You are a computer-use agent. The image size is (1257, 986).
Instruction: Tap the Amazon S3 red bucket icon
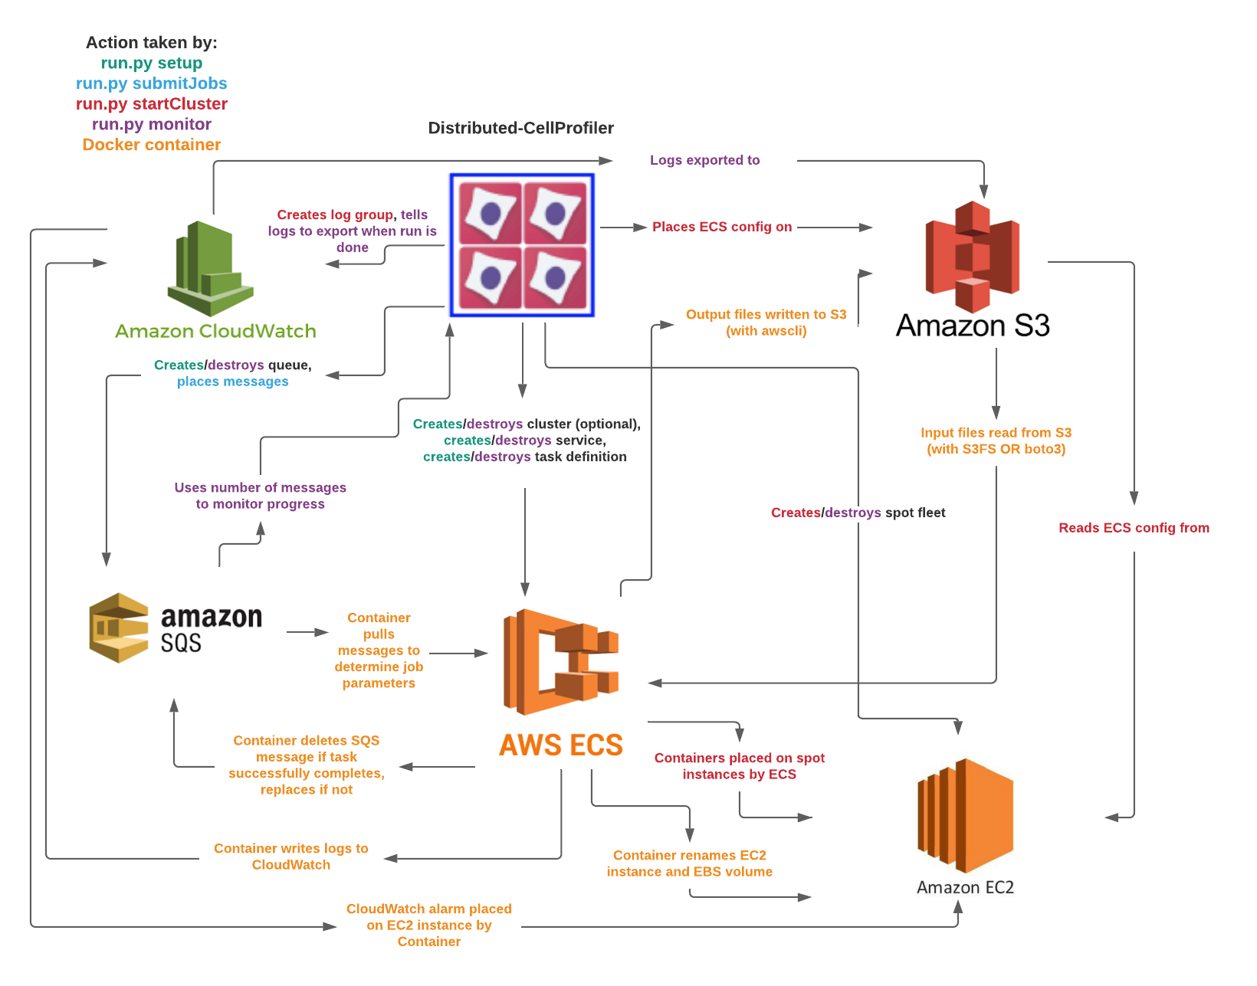click(x=972, y=257)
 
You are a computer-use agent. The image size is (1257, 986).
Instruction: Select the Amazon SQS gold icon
click(x=119, y=627)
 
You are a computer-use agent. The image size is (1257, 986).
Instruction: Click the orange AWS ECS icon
click(x=560, y=662)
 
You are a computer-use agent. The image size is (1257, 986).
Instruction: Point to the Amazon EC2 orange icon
click(x=966, y=815)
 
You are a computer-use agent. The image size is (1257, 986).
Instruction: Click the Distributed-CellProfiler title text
click(x=520, y=128)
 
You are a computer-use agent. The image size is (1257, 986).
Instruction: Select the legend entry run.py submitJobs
click(x=151, y=84)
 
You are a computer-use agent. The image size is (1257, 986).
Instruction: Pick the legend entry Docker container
click(x=151, y=145)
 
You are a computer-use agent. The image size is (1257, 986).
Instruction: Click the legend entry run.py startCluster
click(x=151, y=104)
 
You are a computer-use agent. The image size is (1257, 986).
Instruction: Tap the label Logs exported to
click(x=704, y=160)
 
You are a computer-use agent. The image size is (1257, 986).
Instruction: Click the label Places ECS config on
click(x=721, y=227)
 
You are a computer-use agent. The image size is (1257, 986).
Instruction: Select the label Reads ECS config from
click(x=1134, y=528)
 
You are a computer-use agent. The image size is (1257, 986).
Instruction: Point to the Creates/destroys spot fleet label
click(x=858, y=513)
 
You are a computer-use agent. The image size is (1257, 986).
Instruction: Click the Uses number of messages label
click(x=260, y=496)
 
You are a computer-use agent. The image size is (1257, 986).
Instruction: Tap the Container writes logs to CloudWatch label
click(x=290, y=857)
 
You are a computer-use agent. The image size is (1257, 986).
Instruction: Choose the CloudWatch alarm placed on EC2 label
click(x=428, y=925)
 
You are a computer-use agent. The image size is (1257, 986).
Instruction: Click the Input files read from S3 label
click(x=996, y=441)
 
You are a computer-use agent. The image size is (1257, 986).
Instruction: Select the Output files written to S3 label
click(x=766, y=323)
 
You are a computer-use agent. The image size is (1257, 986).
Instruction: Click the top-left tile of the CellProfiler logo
click(x=491, y=212)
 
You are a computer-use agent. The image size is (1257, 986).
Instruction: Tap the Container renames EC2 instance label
click(x=689, y=863)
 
